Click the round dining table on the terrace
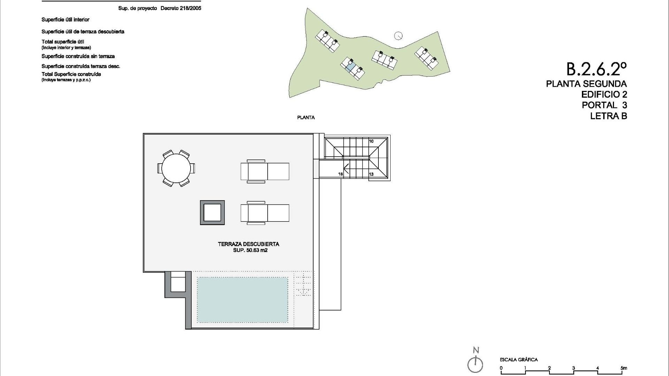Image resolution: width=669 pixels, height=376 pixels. click(x=176, y=169)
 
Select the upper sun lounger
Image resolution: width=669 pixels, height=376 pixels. click(x=265, y=171)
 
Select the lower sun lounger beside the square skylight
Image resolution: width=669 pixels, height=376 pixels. click(x=265, y=213)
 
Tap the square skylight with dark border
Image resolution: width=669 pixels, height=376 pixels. click(x=212, y=212)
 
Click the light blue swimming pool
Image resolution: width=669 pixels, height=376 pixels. click(x=243, y=300)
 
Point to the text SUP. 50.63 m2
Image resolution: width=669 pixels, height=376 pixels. click(x=250, y=250)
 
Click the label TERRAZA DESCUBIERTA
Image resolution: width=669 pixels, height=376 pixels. click(x=248, y=244)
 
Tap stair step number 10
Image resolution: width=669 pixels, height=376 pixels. click(x=371, y=141)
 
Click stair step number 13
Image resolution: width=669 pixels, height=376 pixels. click(x=371, y=174)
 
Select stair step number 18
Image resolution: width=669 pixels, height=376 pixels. click(x=340, y=174)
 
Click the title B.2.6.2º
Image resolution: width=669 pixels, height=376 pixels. click(x=596, y=69)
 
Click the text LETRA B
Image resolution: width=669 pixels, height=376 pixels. click(x=608, y=116)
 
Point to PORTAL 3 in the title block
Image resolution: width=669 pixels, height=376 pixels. click(x=604, y=105)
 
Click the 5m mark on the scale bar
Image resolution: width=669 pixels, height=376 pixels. click(x=623, y=368)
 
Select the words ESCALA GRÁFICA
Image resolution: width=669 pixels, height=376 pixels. click(x=518, y=360)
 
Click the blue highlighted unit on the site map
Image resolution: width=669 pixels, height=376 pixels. click(x=351, y=66)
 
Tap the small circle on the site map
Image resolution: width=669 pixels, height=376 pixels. click(x=398, y=36)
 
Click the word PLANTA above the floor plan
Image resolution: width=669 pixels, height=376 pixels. click(x=306, y=118)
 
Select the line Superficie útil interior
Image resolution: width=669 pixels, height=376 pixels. click(x=66, y=20)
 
